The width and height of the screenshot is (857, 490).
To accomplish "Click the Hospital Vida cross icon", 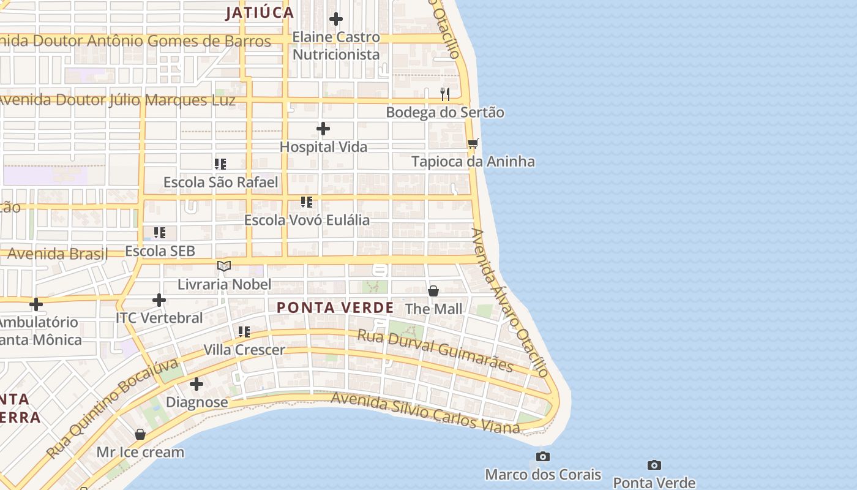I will [x=323, y=129].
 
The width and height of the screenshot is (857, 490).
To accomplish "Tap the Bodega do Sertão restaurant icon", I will [x=445, y=94].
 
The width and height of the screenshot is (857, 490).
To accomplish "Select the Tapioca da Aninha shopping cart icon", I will [x=473, y=144].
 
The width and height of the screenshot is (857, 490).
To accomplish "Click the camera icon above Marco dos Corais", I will [x=542, y=457].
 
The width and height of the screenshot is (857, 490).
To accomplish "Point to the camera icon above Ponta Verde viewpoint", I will [x=654, y=466].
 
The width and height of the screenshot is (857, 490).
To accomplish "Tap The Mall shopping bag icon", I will [x=433, y=291].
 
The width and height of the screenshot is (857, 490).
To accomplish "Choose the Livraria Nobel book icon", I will [x=224, y=266].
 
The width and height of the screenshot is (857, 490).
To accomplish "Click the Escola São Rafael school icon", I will [x=220, y=164].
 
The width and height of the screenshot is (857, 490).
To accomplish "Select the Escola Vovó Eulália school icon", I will [x=307, y=202].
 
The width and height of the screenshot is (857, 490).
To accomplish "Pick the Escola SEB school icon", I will [x=160, y=233].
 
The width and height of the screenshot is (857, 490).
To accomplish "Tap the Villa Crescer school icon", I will [x=244, y=332].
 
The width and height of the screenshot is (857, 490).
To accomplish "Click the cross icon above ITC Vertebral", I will [x=159, y=300].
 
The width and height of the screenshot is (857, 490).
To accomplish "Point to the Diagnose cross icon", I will [x=196, y=385].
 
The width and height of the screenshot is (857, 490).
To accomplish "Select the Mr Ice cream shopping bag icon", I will [x=140, y=434].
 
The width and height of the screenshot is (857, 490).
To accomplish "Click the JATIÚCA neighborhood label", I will [x=260, y=13].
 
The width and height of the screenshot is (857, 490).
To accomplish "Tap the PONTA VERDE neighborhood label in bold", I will [x=335, y=307].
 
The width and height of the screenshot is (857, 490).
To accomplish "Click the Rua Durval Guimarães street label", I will [x=435, y=350].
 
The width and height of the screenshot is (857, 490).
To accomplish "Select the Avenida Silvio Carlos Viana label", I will [x=425, y=413].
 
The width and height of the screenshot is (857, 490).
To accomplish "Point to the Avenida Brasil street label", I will [x=58, y=253].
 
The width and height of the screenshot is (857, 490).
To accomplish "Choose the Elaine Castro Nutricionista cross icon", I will [x=336, y=20].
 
